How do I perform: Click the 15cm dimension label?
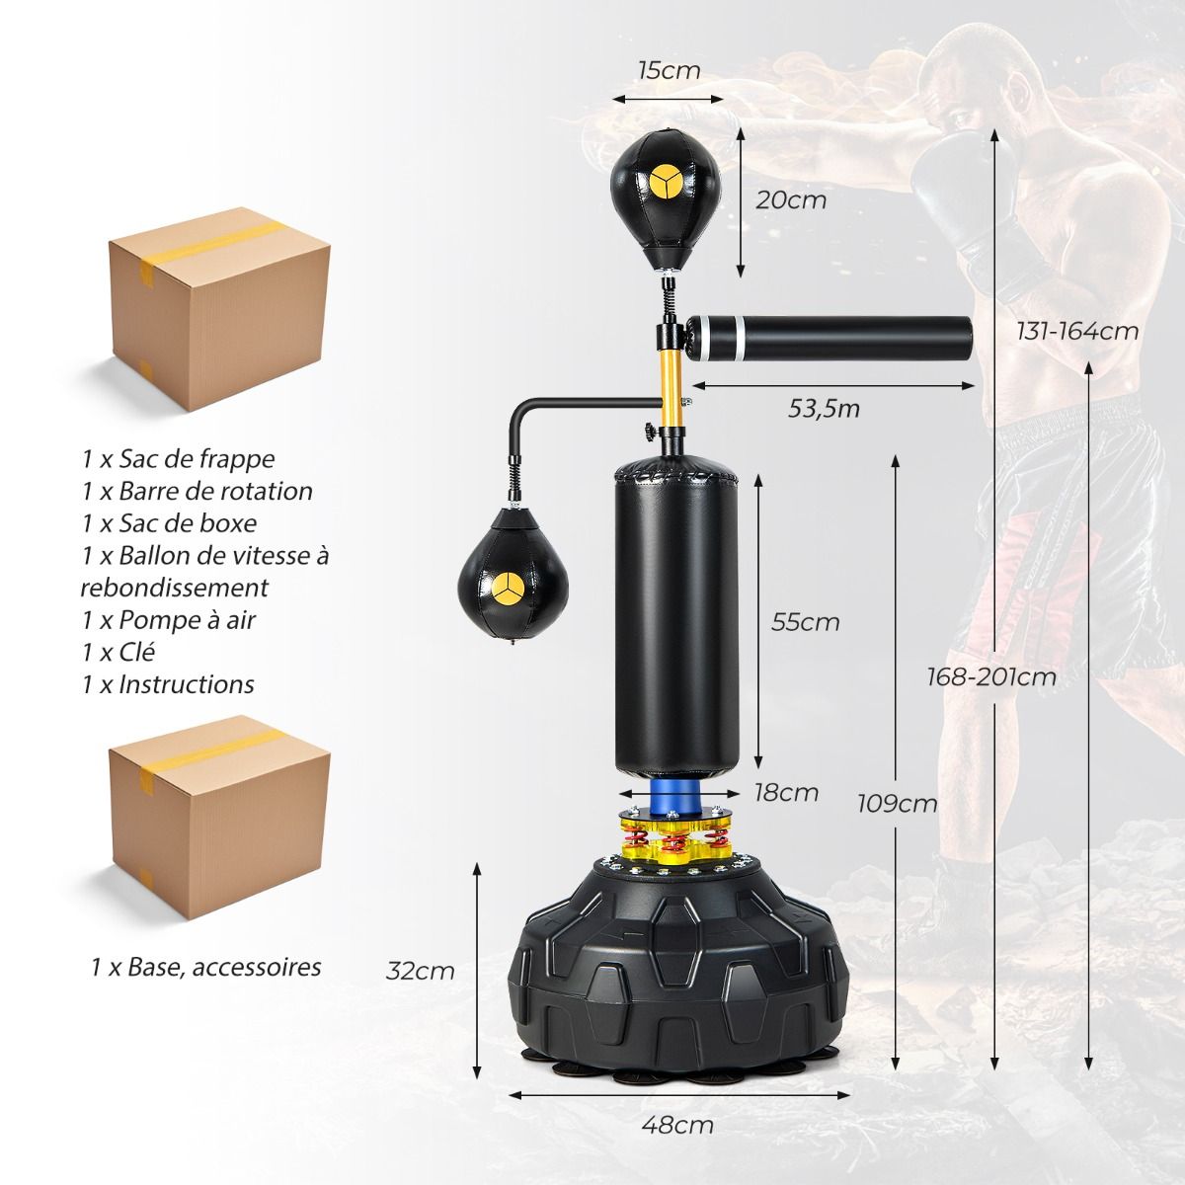pyautogui.click(x=670, y=70)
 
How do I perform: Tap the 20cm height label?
pyautogui.click(x=791, y=200)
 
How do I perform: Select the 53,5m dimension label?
pyautogui.click(x=824, y=409)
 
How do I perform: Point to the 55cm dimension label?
pyautogui.click(x=806, y=622)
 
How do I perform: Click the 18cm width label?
pyautogui.click(x=786, y=793)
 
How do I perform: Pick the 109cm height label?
pyautogui.click(x=898, y=803)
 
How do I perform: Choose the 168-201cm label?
pyautogui.click(x=991, y=677)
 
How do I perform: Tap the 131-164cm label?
pyautogui.click(x=1077, y=332)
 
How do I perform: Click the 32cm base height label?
pyautogui.click(x=420, y=971)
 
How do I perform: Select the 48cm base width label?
pyautogui.click(x=677, y=1125)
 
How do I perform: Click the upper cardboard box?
pyautogui.click(x=219, y=309)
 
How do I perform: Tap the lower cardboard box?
pyautogui.click(x=219, y=817)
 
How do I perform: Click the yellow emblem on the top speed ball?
pyautogui.click(x=665, y=184)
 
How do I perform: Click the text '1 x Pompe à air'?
pyautogui.click(x=169, y=620)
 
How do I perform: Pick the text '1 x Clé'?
pyautogui.click(x=118, y=652)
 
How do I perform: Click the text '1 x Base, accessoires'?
pyautogui.click(x=206, y=967)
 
